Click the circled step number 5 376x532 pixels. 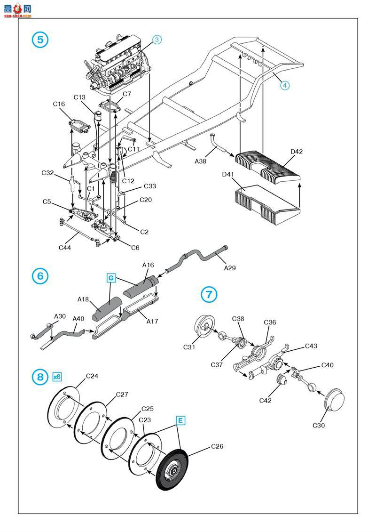pyautogui.click(x=40, y=40)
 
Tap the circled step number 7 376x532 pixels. pyautogui.click(x=209, y=294)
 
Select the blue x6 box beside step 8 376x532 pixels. pyautogui.click(x=57, y=377)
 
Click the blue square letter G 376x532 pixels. pyautogui.click(x=111, y=278)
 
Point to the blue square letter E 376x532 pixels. pyautogui.click(x=180, y=421)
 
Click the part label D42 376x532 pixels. pyautogui.click(x=297, y=152)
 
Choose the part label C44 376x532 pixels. pyautogui.click(x=65, y=248)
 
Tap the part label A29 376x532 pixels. pyautogui.click(x=230, y=268)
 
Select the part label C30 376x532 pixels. pyautogui.click(x=318, y=425)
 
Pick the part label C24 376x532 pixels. pyautogui.click(x=92, y=376)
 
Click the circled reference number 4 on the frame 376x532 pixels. pyautogui.click(x=284, y=85)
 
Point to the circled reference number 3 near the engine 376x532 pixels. pyautogui.click(x=157, y=40)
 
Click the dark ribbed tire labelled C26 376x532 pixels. pyautogui.click(x=172, y=470)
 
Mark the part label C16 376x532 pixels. pyautogui.click(x=59, y=104)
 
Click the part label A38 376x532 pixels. pyautogui.click(x=200, y=161)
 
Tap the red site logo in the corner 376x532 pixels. pyautogui.click(x=17, y=9)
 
